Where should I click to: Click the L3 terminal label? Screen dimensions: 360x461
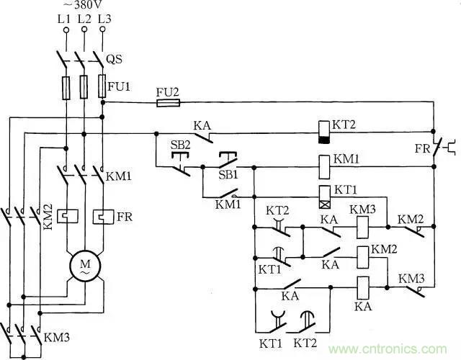104,19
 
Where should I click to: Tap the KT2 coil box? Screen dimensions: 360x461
324,128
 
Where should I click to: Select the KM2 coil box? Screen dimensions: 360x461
363,256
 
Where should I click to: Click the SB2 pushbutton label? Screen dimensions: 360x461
180,144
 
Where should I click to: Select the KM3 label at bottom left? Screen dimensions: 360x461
56,336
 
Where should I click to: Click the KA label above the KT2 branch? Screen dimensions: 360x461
203,124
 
